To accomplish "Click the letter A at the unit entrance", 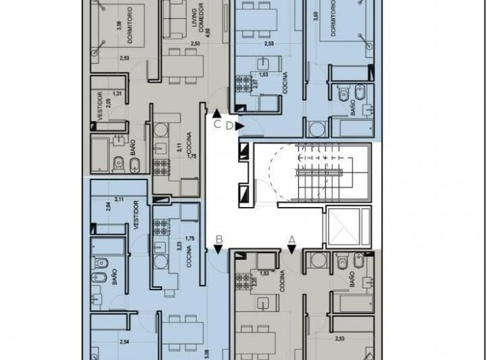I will (292, 239).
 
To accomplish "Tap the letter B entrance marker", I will (219, 238).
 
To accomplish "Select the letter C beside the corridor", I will (216, 125).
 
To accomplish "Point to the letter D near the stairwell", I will (230, 125).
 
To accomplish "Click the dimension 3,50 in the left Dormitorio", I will (119, 27).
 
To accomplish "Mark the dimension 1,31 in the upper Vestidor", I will (117, 93).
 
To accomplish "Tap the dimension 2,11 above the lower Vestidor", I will (119, 199).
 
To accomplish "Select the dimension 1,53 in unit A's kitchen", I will (264, 273).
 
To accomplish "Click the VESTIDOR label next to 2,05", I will (99, 106).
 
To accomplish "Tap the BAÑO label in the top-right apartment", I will (353, 106).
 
